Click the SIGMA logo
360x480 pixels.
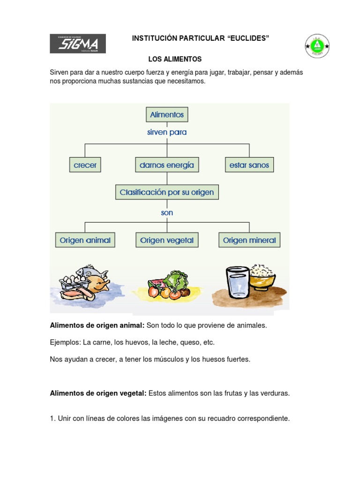pos(78,44)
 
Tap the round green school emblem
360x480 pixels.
pos(317,46)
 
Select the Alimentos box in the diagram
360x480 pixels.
pos(167,114)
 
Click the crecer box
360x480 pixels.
pos(85,165)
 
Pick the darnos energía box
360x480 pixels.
pos(166,165)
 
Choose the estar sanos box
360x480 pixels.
pos(249,165)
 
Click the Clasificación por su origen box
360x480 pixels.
pos(167,192)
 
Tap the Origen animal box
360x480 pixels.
pos(85,240)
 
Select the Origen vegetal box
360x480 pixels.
pos(166,240)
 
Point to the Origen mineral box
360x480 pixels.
pos(249,240)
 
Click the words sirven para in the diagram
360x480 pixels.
pos(167,133)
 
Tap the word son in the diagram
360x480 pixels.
pos(167,213)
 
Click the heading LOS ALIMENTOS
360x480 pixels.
pos(175,60)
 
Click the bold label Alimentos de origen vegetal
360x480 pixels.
pos(98,393)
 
